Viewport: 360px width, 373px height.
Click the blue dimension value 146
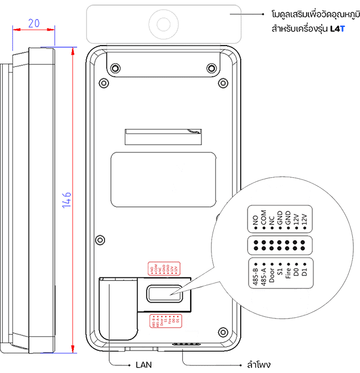[66, 200]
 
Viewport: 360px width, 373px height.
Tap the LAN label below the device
[144, 364]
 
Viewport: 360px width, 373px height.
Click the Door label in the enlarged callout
[272, 275]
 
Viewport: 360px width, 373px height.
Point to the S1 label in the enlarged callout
[280, 277]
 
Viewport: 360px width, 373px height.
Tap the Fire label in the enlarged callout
[287, 276]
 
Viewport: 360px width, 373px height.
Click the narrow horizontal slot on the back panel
[163, 136]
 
